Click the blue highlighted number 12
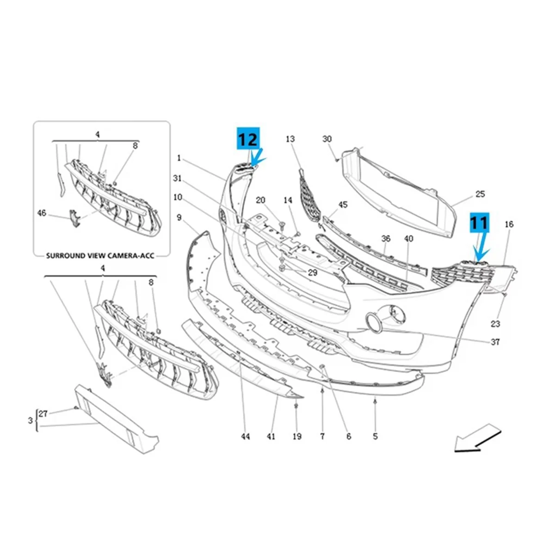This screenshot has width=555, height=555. tap(248, 138)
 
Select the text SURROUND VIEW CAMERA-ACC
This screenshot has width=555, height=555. tap(100, 255)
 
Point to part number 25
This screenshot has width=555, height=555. tap(480, 194)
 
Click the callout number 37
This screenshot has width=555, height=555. tap(495, 342)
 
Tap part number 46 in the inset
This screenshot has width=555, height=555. tap(42, 213)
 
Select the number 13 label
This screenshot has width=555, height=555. tap(290, 139)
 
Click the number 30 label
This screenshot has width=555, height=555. tap(327, 139)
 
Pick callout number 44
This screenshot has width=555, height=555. tap(246, 436)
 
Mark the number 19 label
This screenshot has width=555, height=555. tap(296, 436)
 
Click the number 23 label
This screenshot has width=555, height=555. tap(495, 324)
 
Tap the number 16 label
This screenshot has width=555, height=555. tap(509, 224)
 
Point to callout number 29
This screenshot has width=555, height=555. tap(313, 273)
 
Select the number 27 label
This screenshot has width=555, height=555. tap(43, 414)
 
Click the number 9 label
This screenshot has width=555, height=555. tap(179, 217)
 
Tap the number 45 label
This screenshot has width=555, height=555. tap(343, 204)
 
